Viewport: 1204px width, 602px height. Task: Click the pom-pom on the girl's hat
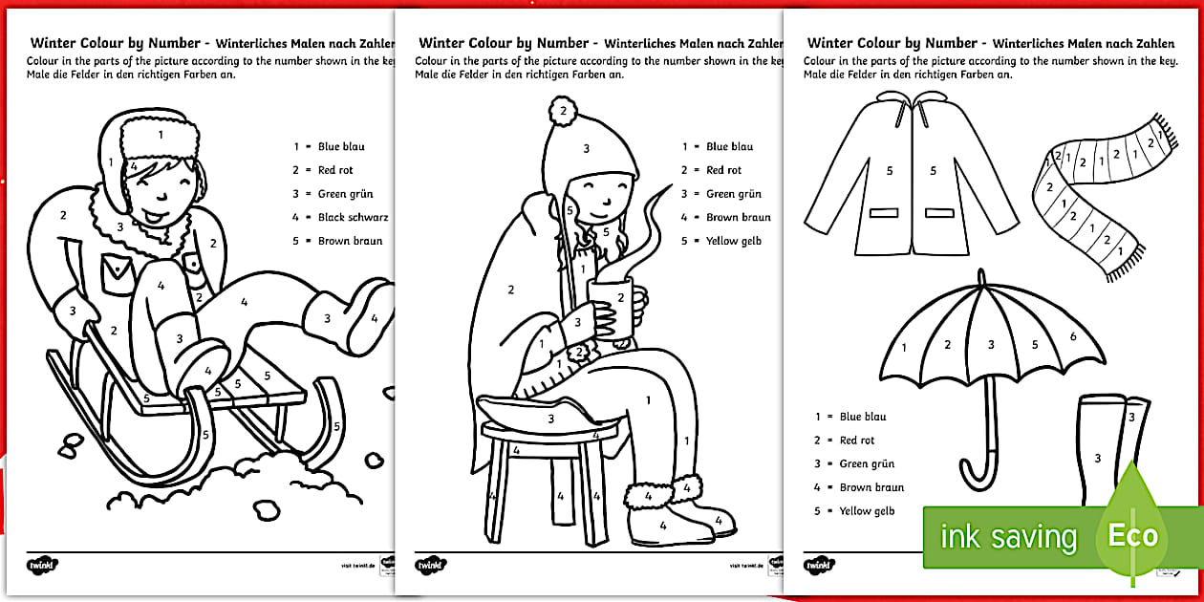pyautogui.click(x=563, y=111)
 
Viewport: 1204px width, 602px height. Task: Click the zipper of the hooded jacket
pyautogui.click(x=913, y=172)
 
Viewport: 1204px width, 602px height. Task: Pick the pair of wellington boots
pyautogui.click(x=1108, y=449)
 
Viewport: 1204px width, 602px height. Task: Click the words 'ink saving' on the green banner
pyautogui.click(x=1008, y=537)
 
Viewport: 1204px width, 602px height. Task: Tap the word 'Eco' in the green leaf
pyautogui.click(x=1132, y=535)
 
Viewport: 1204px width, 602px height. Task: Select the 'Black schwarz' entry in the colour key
pyautogui.click(x=341, y=217)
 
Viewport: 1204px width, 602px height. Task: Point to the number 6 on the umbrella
pyautogui.click(x=1072, y=336)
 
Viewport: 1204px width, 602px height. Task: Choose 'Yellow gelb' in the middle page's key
pyautogui.click(x=733, y=241)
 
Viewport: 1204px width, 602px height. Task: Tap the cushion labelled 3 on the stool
pyautogui.click(x=550, y=416)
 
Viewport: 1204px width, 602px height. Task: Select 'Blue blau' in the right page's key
pyautogui.click(x=862, y=417)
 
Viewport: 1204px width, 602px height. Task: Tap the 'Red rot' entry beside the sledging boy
pyautogui.click(x=334, y=170)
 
